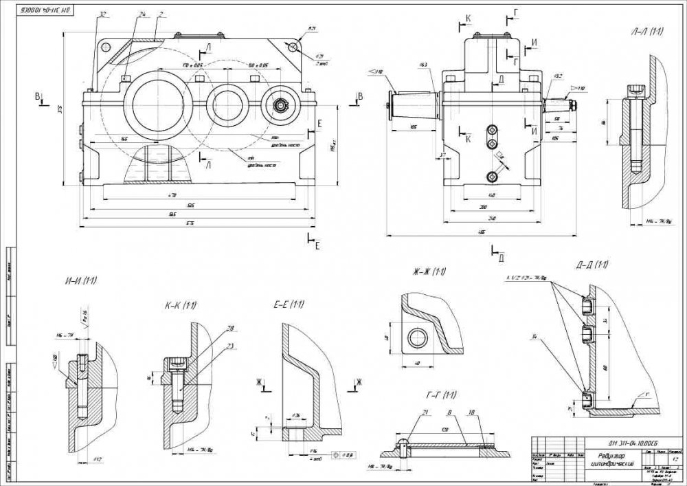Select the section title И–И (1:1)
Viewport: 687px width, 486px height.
click(x=81, y=280)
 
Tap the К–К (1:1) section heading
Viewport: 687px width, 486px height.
click(x=181, y=305)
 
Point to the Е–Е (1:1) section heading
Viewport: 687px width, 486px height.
click(x=289, y=304)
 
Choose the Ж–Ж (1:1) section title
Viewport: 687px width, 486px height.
click(x=429, y=272)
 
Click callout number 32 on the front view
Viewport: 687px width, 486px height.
click(x=102, y=14)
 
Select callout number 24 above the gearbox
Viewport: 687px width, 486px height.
click(x=142, y=14)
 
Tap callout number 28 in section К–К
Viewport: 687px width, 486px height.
click(x=230, y=328)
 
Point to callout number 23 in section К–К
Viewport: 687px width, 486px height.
click(x=230, y=346)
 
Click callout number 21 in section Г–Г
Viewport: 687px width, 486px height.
click(x=425, y=412)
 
